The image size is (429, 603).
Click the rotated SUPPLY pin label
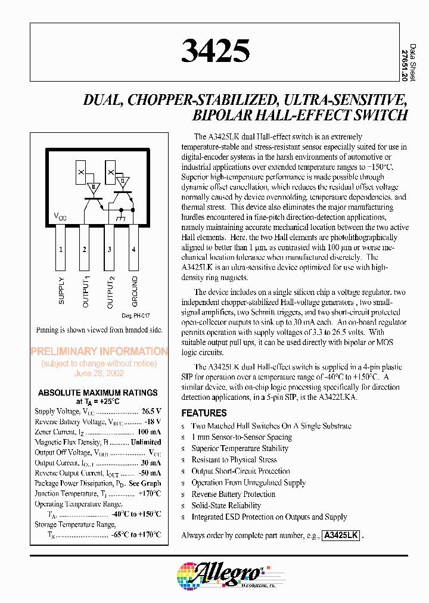click(x=61, y=291)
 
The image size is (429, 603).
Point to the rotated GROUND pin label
click(x=135, y=292)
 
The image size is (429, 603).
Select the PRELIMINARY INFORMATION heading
click(x=99, y=352)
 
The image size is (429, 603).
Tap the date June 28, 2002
click(x=99, y=373)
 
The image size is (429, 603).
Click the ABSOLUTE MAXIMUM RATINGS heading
click(x=98, y=393)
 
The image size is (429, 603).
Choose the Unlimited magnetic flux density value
click(x=146, y=442)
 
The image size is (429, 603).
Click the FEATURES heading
click(x=204, y=413)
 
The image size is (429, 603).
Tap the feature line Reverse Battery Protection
click(x=233, y=494)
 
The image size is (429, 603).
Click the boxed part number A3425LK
click(x=341, y=535)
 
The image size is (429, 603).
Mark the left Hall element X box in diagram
click(x=80, y=173)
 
